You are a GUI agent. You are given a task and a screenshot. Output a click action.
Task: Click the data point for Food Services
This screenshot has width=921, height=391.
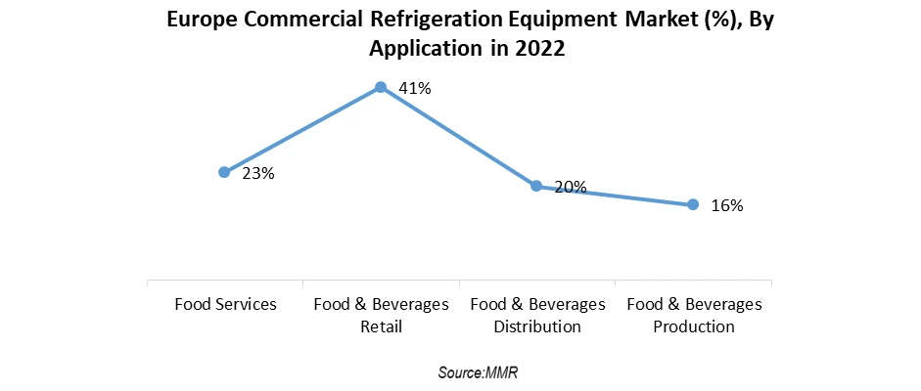pos(224,172)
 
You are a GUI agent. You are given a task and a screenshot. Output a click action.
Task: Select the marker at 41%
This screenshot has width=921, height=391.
pos(381,88)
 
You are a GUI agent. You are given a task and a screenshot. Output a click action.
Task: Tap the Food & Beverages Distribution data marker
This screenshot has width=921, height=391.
pos(536,186)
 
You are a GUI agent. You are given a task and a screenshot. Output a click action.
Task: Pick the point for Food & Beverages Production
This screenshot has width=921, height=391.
pos(693,204)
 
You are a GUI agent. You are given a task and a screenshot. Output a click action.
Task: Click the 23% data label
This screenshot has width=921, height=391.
pos(258,174)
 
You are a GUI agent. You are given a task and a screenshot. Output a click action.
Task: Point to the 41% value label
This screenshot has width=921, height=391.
pos(416,89)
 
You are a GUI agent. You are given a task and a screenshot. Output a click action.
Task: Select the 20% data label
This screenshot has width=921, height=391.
pos(571,187)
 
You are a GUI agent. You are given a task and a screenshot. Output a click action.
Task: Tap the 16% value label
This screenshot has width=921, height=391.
pos(727,206)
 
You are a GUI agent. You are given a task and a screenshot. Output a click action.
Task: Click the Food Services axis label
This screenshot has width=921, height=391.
pos(225,304)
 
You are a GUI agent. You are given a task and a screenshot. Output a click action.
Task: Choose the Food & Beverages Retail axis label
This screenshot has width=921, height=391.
pos(381,315)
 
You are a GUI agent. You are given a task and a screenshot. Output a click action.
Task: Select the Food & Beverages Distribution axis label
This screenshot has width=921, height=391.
pos(537,315)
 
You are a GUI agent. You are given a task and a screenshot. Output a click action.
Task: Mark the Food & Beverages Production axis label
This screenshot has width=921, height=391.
pos(693,315)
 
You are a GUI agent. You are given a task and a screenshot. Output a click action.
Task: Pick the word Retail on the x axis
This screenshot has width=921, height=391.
pos(381,326)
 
